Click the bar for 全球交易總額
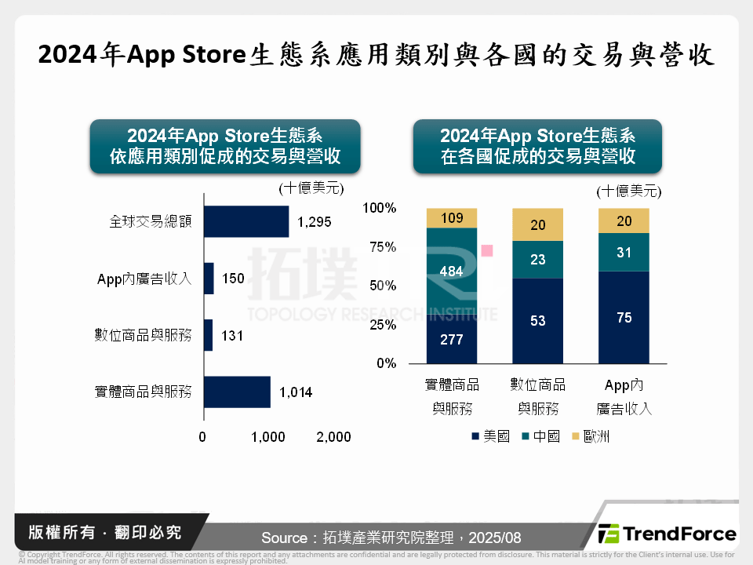(246, 221)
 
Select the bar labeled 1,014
(237, 392)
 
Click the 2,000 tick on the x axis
(333, 437)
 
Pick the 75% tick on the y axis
(382, 246)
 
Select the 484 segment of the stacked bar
(451, 272)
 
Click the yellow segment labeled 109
(451, 218)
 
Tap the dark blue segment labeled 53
(537, 320)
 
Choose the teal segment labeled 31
(624, 252)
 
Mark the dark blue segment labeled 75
(624, 317)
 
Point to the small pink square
(487, 250)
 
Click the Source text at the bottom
(391, 538)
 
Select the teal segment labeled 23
(537, 259)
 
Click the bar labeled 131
(208, 335)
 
